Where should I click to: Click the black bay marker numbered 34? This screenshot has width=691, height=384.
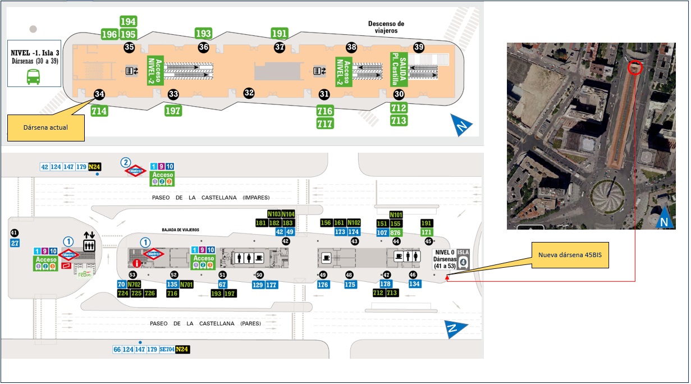click(99, 94)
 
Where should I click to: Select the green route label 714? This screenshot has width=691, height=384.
click(99, 111)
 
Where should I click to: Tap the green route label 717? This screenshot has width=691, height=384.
click(325, 124)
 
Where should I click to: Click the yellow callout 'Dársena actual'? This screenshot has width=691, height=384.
click(45, 127)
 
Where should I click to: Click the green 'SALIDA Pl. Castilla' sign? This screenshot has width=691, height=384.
click(399, 68)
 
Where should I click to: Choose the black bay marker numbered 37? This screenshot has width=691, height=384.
click(280, 47)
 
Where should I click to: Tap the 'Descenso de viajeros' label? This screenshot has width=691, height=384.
click(386, 27)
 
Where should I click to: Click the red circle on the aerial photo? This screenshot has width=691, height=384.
click(635, 67)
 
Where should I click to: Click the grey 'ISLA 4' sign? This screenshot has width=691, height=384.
click(463, 259)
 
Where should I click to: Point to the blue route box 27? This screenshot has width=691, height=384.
click(15, 243)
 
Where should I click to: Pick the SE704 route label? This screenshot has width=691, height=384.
click(167, 349)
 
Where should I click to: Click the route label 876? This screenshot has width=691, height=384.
click(396, 232)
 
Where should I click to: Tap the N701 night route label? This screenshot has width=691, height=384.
click(186, 284)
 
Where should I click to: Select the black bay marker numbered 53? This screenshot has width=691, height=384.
click(133, 275)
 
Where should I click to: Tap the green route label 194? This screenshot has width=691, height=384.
click(129, 21)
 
